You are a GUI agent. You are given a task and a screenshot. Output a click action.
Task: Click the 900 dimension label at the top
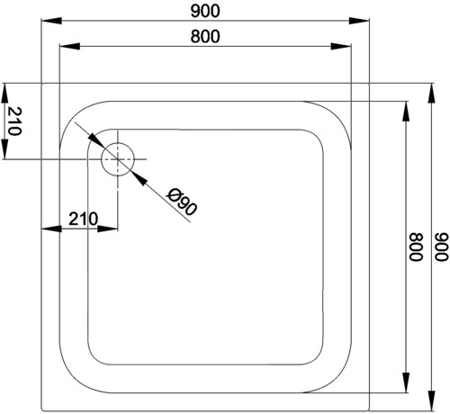click(x=205, y=11)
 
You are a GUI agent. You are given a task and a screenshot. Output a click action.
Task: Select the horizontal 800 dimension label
click(x=205, y=37)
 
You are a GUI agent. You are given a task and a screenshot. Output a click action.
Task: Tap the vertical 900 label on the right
click(x=441, y=247)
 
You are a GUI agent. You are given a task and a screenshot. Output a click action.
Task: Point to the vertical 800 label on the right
click(x=416, y=247)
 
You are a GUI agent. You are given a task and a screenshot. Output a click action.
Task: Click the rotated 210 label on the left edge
click(x=14, y=121)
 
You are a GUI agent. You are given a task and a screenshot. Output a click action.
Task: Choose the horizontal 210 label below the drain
click(x=84, y=219)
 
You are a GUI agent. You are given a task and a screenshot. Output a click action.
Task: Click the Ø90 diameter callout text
click(x=183, y=202)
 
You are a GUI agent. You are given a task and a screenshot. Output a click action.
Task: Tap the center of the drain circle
click(x=118, y=159)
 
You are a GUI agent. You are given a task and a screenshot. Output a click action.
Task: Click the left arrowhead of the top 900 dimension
click(x=51, y=21)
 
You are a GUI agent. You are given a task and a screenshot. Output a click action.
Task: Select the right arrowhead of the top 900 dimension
click(x=359, y=21)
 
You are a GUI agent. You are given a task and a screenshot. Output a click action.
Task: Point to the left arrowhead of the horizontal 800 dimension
click(x=70, y=46)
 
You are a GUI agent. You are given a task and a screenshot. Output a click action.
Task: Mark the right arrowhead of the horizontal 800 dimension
click(x=340, y=46)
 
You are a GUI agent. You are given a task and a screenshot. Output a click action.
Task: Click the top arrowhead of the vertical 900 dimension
click(x=431, y=94)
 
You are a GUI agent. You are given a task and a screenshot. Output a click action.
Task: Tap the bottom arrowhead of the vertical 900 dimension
click(x=431, y=400)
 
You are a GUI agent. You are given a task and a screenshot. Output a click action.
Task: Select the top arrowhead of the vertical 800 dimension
click(x=406, y=112)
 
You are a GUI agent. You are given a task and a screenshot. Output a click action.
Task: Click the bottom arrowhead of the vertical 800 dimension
click(x=406, y=382)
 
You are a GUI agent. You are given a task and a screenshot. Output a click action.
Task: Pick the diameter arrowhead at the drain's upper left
click(x=96, y=140)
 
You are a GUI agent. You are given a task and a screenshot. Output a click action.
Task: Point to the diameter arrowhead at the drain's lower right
click(x=139, y=178)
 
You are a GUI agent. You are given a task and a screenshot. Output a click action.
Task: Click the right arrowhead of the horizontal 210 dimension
click(x=107, y=229)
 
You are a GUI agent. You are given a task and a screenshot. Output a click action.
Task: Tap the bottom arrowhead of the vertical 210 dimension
click(x=4, y=148)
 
